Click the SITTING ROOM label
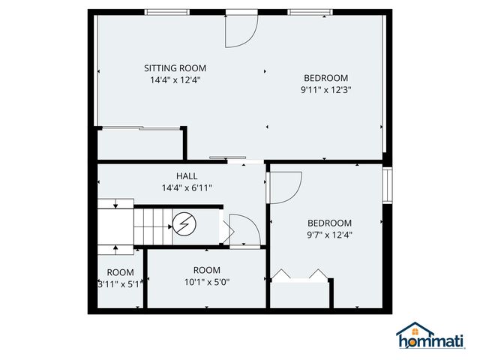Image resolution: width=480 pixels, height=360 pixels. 175,68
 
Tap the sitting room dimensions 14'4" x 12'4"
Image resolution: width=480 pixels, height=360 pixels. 175,79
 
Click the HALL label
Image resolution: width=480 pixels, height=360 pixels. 187,176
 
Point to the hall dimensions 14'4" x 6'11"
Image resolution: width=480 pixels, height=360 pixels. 187,187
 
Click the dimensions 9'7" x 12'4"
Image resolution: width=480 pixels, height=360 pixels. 329,235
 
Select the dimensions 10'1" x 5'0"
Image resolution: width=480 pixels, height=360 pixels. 206,282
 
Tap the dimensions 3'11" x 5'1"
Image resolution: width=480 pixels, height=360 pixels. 119,284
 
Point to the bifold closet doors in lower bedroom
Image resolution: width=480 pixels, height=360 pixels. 300,275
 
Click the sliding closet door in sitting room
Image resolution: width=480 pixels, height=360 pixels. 140,129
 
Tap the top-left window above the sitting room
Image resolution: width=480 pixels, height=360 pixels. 167,11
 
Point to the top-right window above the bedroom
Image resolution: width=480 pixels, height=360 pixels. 310,11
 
